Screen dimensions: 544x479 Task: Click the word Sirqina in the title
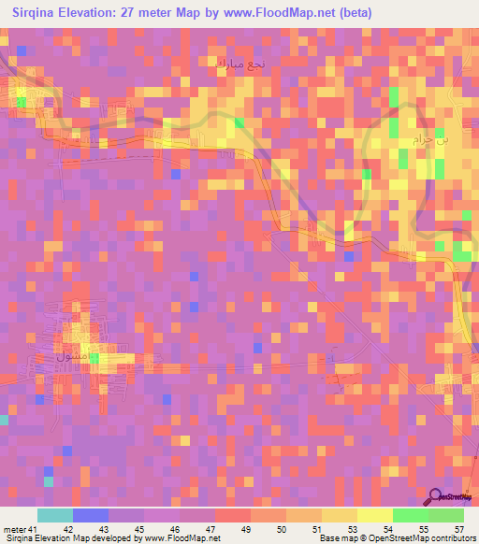point(36,13)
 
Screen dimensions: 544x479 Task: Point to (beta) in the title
point(399,13)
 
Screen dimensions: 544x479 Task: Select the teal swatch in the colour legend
point(54,515)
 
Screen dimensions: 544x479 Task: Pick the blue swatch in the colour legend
point(90,515)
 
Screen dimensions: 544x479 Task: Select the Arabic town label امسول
point(77,356)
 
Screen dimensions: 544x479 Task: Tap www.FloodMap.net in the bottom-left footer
point(181,538)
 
